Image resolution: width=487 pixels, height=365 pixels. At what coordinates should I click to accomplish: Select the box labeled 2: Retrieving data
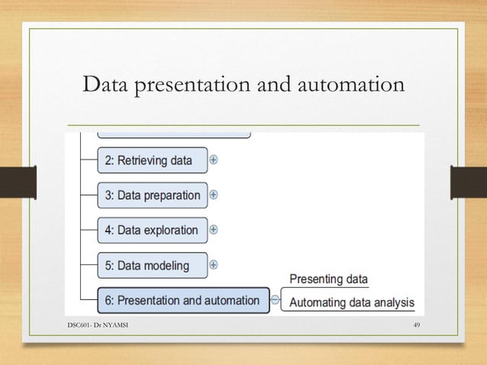[x=153, y=160]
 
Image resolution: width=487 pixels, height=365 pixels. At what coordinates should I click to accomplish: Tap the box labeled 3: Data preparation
[x=153, y=195]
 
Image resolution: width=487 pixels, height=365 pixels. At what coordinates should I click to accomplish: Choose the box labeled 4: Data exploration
[x=153, y=230]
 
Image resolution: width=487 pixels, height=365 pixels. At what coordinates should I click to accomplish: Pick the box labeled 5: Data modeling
[x=153, y=265]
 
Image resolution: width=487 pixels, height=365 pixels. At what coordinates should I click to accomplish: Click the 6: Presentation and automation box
[x=183, y=300]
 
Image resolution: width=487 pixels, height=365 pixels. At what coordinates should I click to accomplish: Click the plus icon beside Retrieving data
[x=214, y=160]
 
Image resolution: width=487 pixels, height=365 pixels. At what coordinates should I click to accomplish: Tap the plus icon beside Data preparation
[x=214, y=195]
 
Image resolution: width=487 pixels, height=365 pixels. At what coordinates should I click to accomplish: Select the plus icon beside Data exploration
[x=214, y=229]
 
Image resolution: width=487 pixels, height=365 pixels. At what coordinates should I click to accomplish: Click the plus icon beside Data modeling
[x=214, y=265]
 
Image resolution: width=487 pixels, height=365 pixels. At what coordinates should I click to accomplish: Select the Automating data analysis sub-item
[x=352, y=302]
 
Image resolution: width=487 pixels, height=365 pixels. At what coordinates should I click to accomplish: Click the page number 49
[x=416, y=326]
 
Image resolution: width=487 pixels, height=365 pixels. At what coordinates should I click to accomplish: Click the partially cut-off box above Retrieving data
[x=174, y=134]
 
